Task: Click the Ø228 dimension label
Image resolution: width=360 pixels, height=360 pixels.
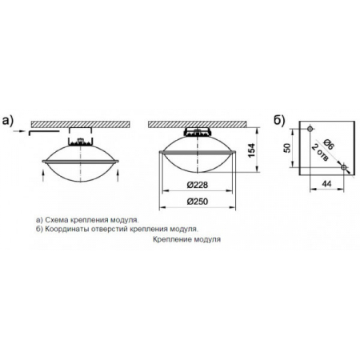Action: [198, 185]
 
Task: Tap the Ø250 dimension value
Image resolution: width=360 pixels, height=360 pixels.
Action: [198, 202]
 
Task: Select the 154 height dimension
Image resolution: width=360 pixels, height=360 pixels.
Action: [251, 150]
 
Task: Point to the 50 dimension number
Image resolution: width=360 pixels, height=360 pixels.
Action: [287, 148]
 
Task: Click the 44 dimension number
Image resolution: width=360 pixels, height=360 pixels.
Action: [327, 184]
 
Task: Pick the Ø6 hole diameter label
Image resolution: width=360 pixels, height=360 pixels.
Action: [329, 144]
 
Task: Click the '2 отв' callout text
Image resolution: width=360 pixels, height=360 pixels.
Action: [319, 153]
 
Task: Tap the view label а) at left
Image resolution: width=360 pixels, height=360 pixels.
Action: [7, 121]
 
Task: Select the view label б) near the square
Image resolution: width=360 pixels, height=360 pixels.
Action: [279, 121]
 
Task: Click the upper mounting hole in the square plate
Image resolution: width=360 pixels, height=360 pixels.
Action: [310, 129]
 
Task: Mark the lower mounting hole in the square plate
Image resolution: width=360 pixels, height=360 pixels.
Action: [344, 167]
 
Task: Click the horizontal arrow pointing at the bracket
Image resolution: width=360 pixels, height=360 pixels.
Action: [18, 131]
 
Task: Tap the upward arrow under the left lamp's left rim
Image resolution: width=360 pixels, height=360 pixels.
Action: [43, 176]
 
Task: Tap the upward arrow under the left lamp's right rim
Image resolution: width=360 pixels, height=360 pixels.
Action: [118, 176]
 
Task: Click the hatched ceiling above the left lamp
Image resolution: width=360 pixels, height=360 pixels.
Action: [81, 124]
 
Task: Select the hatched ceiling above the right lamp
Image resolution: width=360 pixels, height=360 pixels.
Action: [198, 124]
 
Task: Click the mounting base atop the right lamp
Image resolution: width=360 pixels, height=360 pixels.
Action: [198, 132]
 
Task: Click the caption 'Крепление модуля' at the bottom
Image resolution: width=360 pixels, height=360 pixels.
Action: [186, 239]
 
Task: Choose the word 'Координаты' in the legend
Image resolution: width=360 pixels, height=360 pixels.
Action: [67, 229]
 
